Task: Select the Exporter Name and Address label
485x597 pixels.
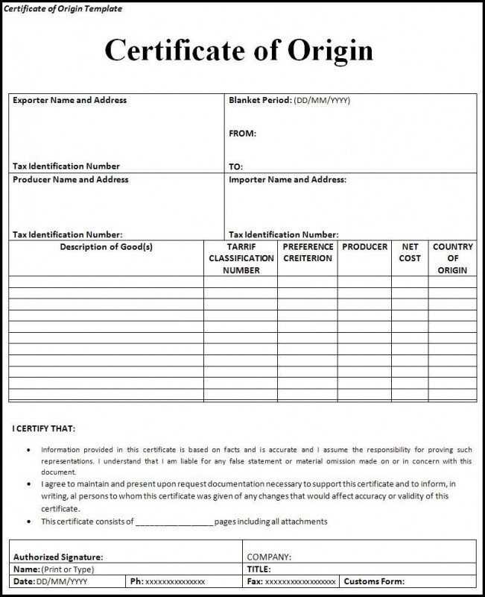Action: tap(69, 100)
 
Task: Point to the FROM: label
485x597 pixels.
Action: tap(242, 134)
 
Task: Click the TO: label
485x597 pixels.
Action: tap(235, 166)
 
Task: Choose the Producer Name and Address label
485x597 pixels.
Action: tap(70, 179)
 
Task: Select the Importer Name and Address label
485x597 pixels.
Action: tap(287, 179)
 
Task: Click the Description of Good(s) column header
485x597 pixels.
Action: tap(106, 247)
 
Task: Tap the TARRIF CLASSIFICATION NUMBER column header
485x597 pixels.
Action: tap(241, 258)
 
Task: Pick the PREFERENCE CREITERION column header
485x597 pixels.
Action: tap(308, 252)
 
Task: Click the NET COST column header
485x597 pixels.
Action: tap(410, 252)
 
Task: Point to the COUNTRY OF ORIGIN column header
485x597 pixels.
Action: tap(452, 258)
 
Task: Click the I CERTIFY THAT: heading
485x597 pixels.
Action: tap(44, 429)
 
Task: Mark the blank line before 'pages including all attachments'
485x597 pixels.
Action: tap(174, 522)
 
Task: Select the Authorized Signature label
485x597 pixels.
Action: tap(58, 557)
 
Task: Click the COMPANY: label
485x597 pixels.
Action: tap(269, 557)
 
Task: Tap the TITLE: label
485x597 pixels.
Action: tap(259, 569)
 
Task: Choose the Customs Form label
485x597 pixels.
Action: tap(374, 581)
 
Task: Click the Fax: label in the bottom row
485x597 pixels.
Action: tap(254, 581)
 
